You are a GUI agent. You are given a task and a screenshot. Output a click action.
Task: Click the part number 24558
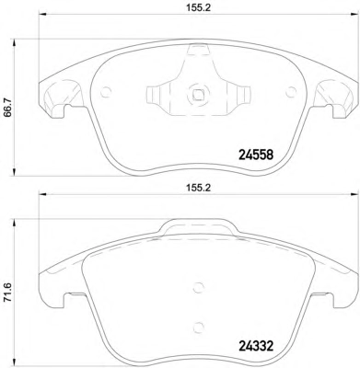coord(256,155)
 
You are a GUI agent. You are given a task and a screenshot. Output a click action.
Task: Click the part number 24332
coord(256,347)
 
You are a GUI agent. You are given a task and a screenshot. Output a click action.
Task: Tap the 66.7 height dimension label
coord(7,107)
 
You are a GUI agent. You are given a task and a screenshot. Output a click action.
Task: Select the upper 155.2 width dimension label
coord(198,8)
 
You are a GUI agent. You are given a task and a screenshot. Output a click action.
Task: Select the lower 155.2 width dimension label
coord(198,188)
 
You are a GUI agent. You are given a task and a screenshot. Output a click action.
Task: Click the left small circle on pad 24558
coord(106,92)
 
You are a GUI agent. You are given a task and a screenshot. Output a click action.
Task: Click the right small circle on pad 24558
coord(291,92)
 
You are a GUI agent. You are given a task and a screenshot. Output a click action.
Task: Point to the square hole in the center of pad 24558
coord(198,95)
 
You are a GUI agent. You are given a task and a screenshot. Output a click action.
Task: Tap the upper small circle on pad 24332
coord(199,288)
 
